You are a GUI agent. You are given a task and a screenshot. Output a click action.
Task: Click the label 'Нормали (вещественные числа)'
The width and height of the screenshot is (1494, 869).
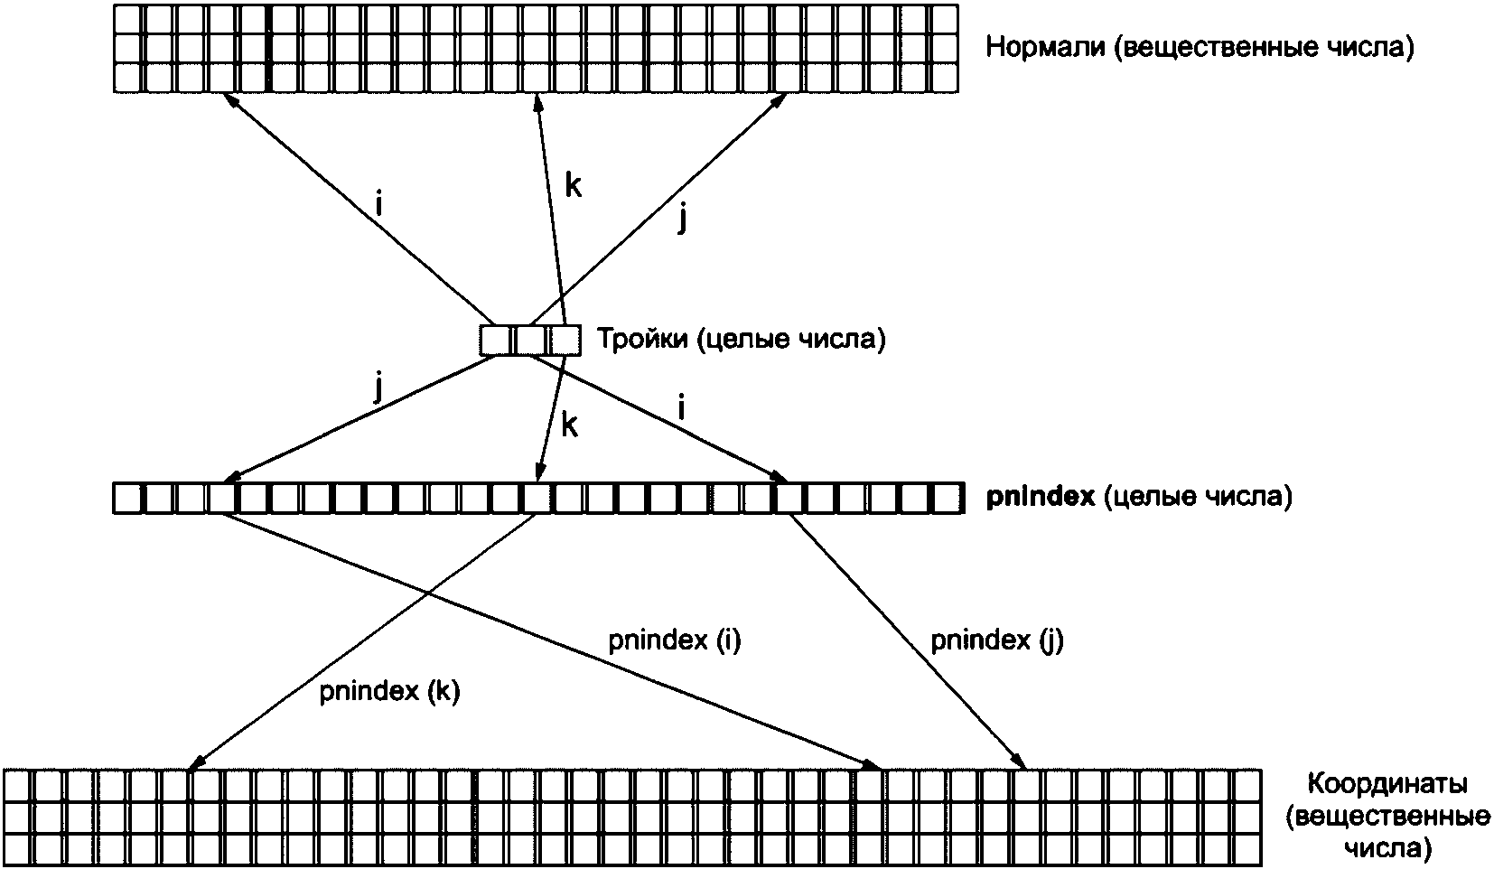pos(1200,47)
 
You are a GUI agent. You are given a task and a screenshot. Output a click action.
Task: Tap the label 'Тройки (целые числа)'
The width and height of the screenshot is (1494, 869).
pos(741,340)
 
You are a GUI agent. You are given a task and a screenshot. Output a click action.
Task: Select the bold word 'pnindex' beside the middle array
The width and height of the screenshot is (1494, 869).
pos(1041,497)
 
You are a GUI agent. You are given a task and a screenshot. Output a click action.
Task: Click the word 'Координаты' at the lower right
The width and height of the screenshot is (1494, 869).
pos(1388,782)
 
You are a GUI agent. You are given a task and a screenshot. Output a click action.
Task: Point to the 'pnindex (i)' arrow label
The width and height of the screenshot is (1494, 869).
pos(675,640)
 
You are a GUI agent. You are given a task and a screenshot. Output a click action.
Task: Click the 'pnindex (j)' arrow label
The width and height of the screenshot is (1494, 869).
pos(997,640)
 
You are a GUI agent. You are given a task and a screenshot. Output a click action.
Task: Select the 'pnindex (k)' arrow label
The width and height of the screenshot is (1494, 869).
pos(389,692)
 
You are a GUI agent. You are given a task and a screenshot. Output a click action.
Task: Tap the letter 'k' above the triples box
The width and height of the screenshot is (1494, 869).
pos(573,186)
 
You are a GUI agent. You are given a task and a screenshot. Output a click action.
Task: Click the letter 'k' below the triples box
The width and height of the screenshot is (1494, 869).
pos(569,425)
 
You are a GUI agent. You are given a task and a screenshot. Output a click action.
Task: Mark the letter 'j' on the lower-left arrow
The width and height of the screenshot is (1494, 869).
pos(378,389)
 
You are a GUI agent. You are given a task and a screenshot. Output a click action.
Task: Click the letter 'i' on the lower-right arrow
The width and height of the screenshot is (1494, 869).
pos(681,409)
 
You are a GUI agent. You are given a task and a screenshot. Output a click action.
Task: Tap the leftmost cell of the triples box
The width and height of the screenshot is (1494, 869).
pos(496,340)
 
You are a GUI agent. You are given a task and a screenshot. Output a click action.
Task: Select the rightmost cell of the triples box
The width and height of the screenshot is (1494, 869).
pos(565,340)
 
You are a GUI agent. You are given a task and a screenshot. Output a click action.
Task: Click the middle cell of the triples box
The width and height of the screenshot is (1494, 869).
pos(530,340)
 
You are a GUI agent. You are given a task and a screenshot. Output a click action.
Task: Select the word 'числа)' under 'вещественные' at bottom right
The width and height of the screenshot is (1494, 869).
pos(1387,848)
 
